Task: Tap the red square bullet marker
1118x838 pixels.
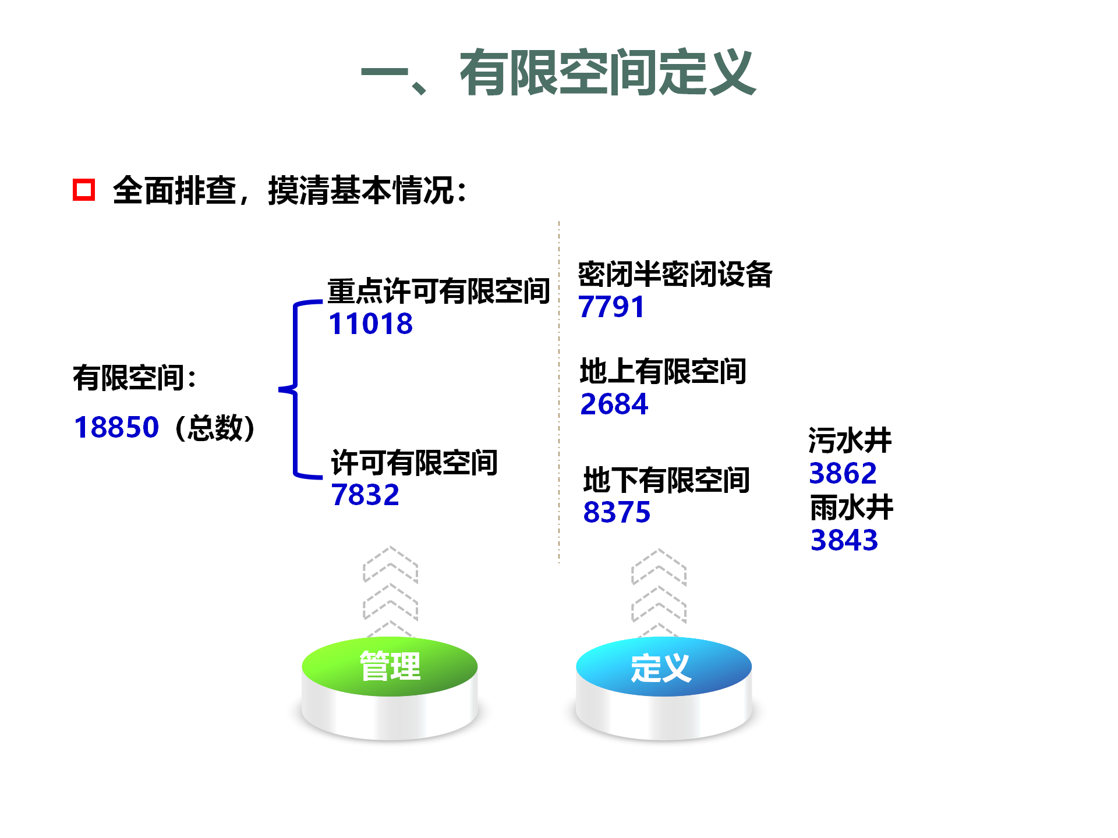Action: click(84, 190)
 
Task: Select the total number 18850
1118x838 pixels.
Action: click(116, 427)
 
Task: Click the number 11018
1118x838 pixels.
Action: click(370, 324)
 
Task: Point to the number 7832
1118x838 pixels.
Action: click(365, 495)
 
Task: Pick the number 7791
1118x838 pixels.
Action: click(611, 307)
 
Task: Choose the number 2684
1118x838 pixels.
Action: click(614, 404)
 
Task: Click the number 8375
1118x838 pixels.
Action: click(617, 512)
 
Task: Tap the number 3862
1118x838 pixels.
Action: click(843, 473)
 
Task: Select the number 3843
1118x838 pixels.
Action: click(844, 540)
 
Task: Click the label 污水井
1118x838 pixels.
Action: click(850, 440)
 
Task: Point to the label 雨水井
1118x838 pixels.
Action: click(852, 507)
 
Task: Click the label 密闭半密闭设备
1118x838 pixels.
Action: click(675, 274)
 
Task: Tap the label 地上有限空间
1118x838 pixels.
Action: click(663, 371)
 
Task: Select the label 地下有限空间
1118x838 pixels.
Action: click(667, 480)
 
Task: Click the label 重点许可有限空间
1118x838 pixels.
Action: click(439, 291)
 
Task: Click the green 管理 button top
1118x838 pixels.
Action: click(390, 666)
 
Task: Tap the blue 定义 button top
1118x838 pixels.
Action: click(664, 666)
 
